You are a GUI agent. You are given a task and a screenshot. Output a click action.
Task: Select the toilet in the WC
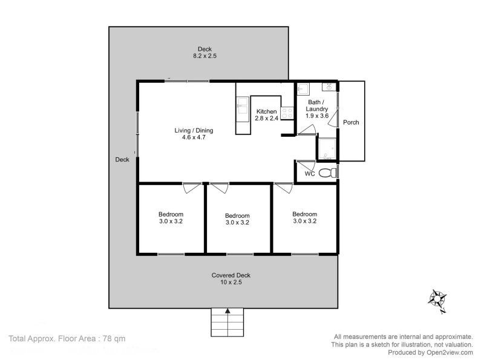(327, 173)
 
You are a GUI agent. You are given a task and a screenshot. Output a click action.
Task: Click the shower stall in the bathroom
(327, 148)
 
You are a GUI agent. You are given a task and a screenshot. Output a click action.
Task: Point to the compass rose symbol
(437, 299)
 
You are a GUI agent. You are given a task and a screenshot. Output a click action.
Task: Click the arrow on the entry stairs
(227, 312)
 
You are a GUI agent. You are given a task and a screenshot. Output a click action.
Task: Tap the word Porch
(351, 122)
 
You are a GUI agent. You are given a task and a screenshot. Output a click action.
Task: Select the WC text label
(309, 174)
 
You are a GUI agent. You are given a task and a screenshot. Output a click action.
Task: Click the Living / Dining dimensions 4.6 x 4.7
(194, 137)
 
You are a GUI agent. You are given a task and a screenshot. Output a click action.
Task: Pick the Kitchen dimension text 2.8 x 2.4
(267, 119)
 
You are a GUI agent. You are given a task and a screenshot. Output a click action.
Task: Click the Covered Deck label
(231, 275)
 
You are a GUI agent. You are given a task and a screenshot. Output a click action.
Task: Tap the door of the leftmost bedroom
(192, 188)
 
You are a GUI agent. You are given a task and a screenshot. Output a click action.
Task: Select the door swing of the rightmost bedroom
(283, 188)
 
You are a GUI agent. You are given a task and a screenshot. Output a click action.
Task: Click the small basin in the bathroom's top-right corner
(330, 88)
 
